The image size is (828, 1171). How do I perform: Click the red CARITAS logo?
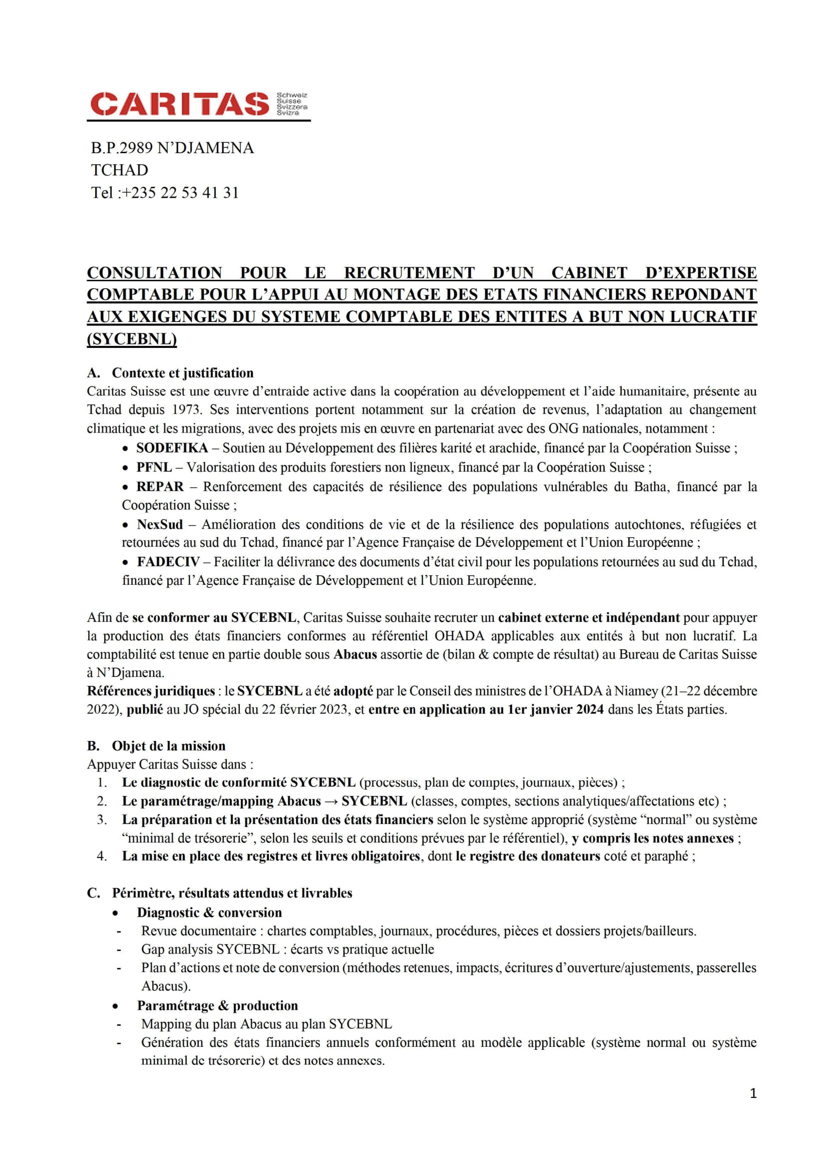[x=180, y=104]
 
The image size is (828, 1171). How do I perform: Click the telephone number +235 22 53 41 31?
[x=180, y=193]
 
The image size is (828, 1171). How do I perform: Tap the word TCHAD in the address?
[x=120, y=170]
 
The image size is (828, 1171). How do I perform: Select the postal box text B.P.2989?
[x=122, y=148]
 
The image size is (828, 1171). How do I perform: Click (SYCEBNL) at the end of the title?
[x=132, y=339]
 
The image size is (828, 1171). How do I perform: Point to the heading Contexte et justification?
[x=183, y=373]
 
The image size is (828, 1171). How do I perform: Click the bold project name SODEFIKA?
[x=172, y=448]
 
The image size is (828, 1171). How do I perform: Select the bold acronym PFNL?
[x=154, y=468]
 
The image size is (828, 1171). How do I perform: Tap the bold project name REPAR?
[x=160, y=487]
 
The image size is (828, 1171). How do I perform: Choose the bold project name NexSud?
[x=160, y=525]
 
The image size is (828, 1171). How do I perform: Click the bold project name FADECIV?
[x=168, y=563]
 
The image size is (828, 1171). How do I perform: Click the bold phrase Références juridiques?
[x=151, y=691]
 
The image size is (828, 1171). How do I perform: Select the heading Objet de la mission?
[x=168, y=746]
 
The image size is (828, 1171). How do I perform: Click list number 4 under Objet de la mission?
[x=102, y=856]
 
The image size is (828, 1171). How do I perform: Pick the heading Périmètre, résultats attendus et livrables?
[x=232, y=894]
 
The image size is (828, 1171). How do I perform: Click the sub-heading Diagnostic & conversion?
[x=209, y=913]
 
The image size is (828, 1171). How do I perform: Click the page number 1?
[x=753, y=1093]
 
